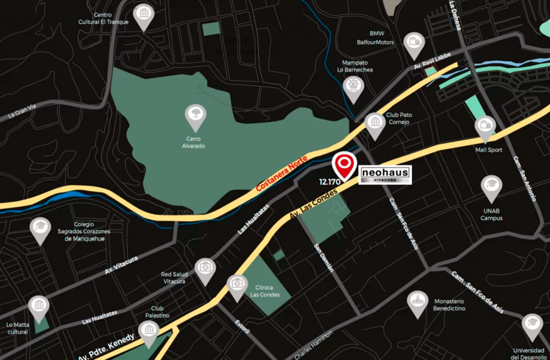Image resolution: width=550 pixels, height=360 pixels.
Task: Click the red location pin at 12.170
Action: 344,163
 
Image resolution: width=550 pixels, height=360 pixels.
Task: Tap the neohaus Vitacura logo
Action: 385,175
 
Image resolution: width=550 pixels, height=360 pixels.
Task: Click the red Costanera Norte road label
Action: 282,174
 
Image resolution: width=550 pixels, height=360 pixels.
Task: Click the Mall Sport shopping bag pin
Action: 486,127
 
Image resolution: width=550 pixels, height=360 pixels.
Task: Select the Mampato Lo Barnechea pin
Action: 353,88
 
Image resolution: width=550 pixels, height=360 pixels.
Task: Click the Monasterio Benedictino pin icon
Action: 417,302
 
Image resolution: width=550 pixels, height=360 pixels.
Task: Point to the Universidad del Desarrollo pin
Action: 532,325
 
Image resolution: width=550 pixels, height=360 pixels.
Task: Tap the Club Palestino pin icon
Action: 148,331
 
